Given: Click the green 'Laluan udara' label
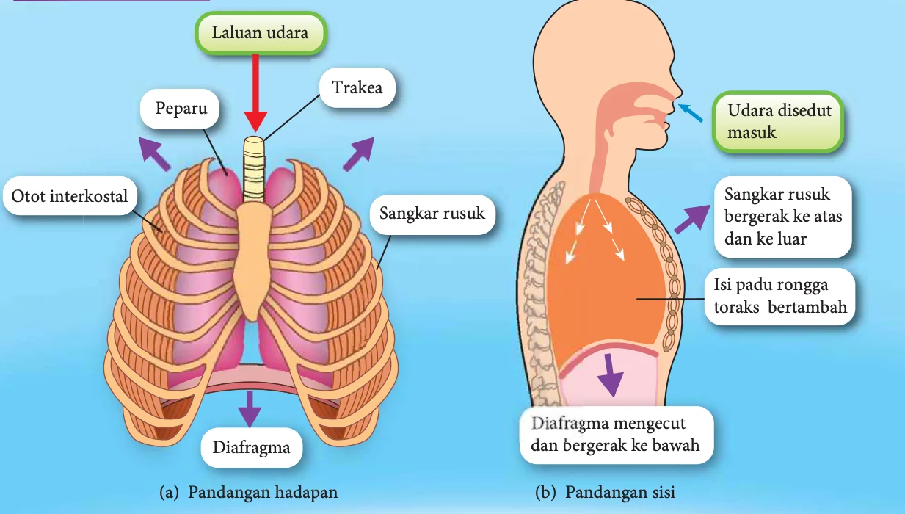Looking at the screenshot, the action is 261,33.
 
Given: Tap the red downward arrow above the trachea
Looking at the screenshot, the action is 255,93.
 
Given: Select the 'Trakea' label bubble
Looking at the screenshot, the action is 357,87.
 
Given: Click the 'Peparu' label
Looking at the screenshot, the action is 180,109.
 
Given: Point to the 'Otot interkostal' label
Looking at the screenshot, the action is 70,196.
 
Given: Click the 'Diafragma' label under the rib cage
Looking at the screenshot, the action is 251,447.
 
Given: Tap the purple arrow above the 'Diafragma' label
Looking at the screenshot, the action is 250,408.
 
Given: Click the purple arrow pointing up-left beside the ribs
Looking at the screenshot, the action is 154,153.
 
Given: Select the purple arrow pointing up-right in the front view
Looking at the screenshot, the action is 359,153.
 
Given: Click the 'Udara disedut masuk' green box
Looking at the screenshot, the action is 778,122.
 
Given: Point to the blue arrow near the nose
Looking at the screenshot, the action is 691,112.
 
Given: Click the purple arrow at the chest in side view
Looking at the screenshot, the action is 692,219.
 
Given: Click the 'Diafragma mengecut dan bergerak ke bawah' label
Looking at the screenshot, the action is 616,435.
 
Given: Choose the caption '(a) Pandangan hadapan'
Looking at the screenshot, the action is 249,492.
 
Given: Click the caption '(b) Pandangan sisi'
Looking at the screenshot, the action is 605,492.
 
